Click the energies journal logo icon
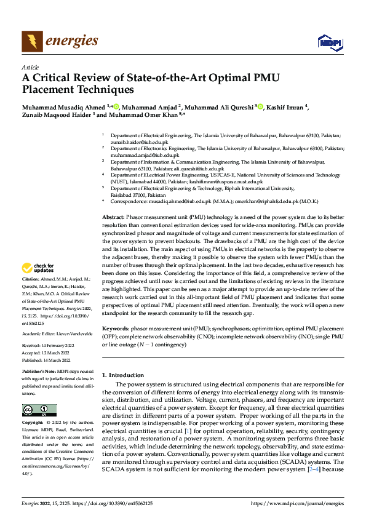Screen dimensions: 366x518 [31, 41]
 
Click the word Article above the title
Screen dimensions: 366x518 [30, 66]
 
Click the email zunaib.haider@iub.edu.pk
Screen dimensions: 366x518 [135, 141]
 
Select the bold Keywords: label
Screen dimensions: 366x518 [116, 329]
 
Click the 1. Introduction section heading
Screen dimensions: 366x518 [123, 375]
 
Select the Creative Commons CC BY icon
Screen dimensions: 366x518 [39, 410]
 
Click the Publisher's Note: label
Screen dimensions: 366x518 [38, 373]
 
